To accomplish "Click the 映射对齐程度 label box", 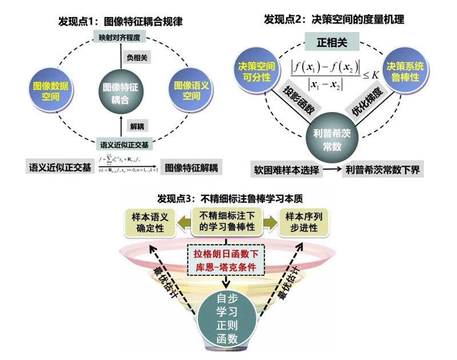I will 119,38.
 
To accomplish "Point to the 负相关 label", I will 135,57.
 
